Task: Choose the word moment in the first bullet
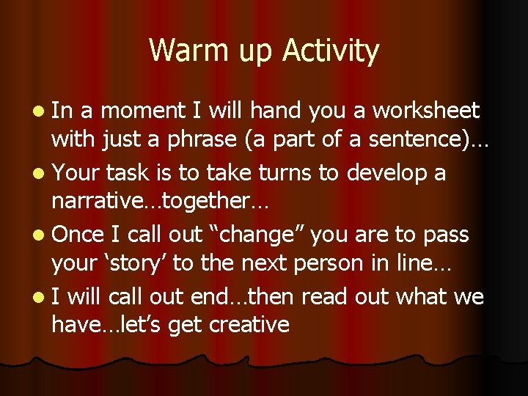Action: pyautogui.click(x=143, y=111)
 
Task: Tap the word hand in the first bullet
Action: pyautogui.click(x=277, y=111)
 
